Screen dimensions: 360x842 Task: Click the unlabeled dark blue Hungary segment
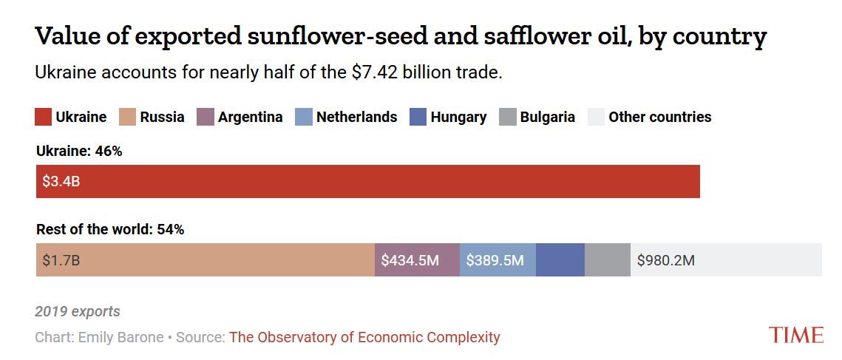tap(560, 260)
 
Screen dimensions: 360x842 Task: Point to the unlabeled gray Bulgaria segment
tap(607, 260)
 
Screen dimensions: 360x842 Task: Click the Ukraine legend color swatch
tap(44, 117)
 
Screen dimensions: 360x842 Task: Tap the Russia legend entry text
tap(162, 117)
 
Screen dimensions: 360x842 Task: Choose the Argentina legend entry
tap(250, 117)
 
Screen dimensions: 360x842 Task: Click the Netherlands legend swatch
tap(303, 117)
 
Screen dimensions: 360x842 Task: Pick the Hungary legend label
tap(458, 117)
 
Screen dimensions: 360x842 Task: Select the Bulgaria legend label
tap(547, 117)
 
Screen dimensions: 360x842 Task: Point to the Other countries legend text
tap(659, 117)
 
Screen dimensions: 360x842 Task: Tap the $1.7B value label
tap(61, 260)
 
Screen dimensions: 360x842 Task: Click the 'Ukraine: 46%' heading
tap(79, 152)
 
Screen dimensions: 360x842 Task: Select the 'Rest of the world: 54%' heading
tap(110, 229)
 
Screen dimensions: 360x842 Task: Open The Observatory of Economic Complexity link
tap(364, 337)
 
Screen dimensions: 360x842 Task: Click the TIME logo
tap(795, 335)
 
